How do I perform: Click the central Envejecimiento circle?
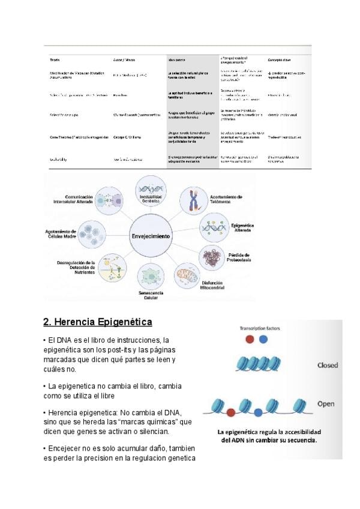pyautogui.click(x=151, y=236)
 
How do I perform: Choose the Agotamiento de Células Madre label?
pyautogui.click(x=61, y=234)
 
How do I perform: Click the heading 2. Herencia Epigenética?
pyautogui.click(x=98, y=322)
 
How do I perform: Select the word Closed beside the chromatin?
pyautogui.click(x=328, y=365)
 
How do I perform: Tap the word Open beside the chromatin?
pyautogui.click(x=326, y=403)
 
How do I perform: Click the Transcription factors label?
pyautogui.click(x=259, y=328)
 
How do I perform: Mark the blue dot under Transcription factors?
pyautogui.click(x=263, y=340)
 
